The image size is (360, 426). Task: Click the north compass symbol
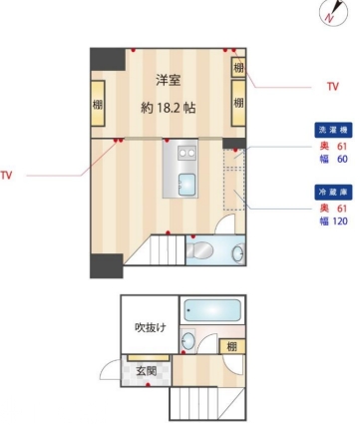tap(333, 13)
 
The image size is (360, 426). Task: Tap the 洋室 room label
tap(169, 80)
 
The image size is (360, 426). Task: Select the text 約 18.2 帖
tap(168, 108)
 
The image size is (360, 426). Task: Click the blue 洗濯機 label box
tap(333, 130)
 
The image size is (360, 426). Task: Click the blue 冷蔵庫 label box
tap(333, 193)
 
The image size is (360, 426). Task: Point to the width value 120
tap(340, 221)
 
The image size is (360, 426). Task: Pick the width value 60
tap(342, 159)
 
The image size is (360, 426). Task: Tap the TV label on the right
tap(333, 87)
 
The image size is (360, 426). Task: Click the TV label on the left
tap(6, 176)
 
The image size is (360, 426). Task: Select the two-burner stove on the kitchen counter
tap(186, 153)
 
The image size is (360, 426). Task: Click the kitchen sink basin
tap(186, 185)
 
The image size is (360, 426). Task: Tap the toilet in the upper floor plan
tap(199, 250)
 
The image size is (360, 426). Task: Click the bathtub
tap(212, 310)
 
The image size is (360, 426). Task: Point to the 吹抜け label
tap(150, 327)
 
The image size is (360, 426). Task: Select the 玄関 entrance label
tap(147, 370)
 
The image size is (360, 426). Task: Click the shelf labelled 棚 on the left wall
tap(98, 103)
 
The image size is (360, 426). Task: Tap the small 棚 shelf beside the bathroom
tap(232, 346)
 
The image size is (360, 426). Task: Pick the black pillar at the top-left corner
tap(108, 59)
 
